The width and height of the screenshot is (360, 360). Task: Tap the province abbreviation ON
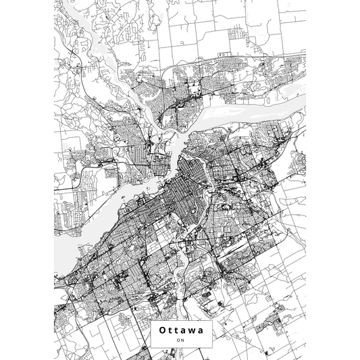(180, 340)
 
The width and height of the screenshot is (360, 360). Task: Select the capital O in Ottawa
(162, 330)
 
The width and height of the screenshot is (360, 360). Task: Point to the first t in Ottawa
(170, 330)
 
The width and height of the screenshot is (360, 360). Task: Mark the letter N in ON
(182, 340)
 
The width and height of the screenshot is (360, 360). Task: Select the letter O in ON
(178, 340)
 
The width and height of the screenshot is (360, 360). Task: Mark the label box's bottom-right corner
(211, 347)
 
